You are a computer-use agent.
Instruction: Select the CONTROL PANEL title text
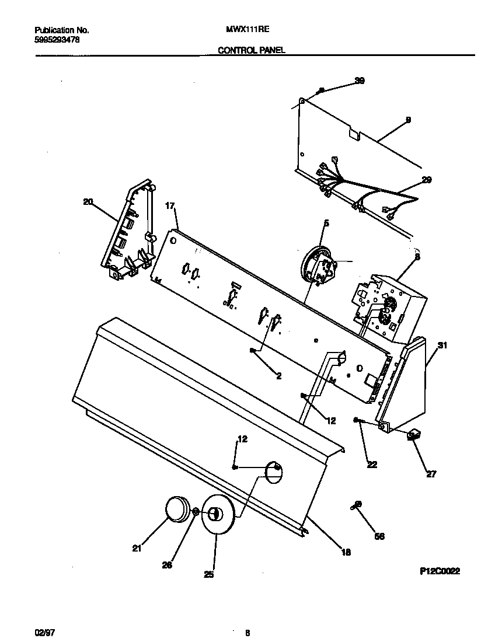(251, 51)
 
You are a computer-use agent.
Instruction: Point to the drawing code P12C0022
(440, 572)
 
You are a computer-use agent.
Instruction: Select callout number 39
(360, 81)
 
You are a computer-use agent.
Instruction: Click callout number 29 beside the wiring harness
(426, 180)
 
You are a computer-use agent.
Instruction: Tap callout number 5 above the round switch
(326, 223)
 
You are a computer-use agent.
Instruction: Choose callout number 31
(442, 346)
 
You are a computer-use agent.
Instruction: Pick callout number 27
(431, 474)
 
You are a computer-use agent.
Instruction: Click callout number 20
(88, 202)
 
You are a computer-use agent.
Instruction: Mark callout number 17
(170, 205)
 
